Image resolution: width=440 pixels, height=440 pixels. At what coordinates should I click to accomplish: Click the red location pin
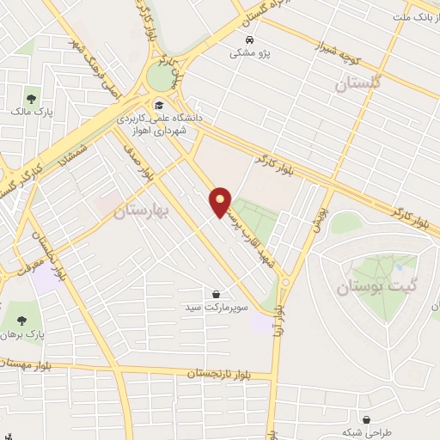click(x=221, y=201)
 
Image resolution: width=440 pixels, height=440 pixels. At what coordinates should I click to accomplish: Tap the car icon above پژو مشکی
click(x=249, y=40)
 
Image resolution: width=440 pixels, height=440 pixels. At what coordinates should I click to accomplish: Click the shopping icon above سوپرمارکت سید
click(x=215, y=293)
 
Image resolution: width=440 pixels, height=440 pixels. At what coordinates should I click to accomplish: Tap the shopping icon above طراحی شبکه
click(x=367, y=419)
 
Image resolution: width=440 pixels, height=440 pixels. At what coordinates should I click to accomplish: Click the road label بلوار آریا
click(x=281, y=314)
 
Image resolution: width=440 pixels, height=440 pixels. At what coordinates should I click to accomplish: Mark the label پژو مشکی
click(x=249, y=53)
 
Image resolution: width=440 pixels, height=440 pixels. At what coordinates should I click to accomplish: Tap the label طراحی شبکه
click(x=361, y=432)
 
